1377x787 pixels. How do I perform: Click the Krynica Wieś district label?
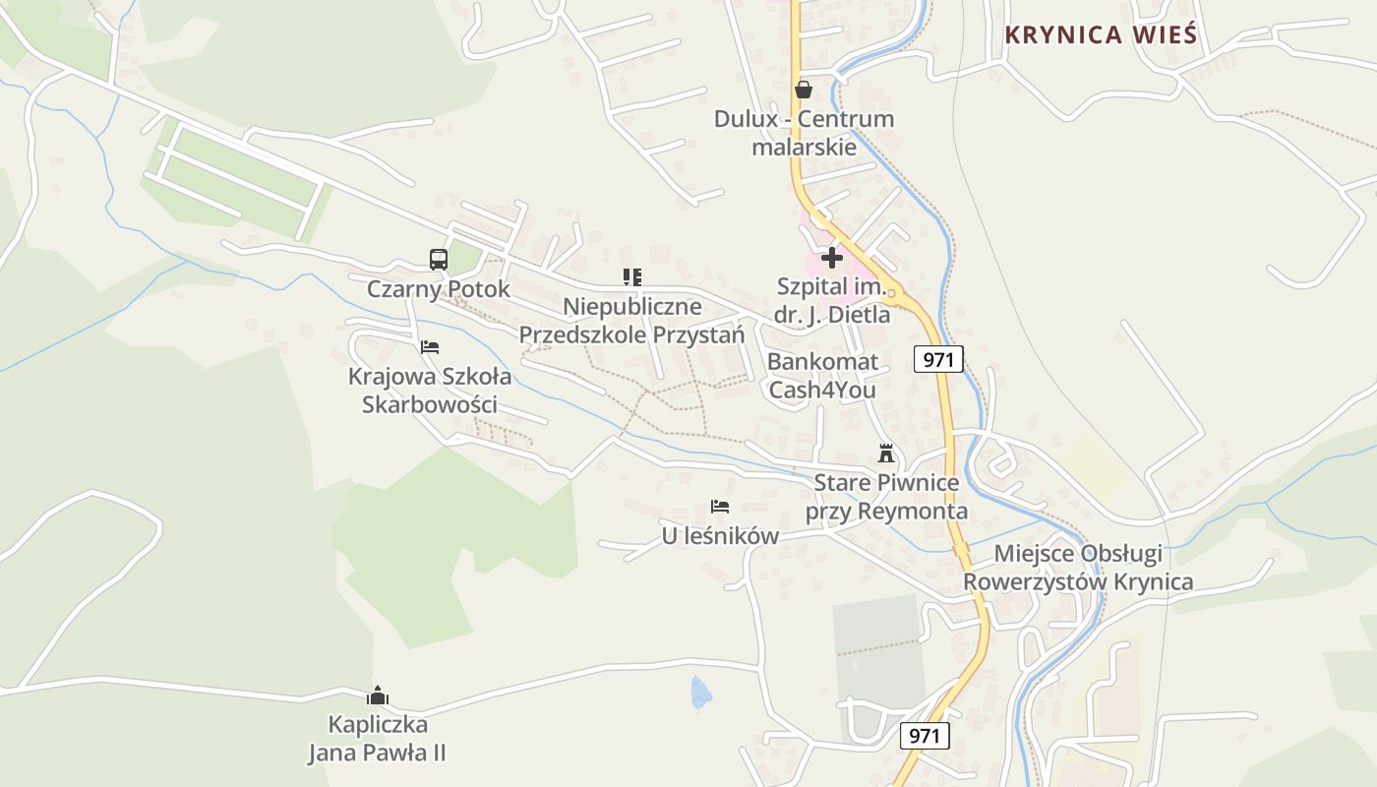1101,35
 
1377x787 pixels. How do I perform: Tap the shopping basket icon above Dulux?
804,90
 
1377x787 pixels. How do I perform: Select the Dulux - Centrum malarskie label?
804,133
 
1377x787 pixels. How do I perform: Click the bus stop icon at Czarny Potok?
439,260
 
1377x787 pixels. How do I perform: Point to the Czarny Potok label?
439,289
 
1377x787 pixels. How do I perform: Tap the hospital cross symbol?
832,258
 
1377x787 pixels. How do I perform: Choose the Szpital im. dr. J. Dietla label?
833,301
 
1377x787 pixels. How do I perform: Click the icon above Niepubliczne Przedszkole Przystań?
631,277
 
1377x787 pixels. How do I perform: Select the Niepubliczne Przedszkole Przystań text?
631,321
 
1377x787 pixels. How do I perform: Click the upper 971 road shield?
938,360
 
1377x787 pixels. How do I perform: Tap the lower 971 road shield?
925,736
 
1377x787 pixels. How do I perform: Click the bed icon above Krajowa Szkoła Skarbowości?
430,347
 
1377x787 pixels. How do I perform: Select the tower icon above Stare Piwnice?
886,454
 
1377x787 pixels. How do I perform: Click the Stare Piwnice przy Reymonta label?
886,497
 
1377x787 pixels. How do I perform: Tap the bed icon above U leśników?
720,507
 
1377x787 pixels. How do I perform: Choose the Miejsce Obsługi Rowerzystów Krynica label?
1078,568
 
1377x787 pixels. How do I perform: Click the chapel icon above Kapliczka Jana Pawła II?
377,696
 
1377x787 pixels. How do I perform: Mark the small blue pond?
700,693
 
